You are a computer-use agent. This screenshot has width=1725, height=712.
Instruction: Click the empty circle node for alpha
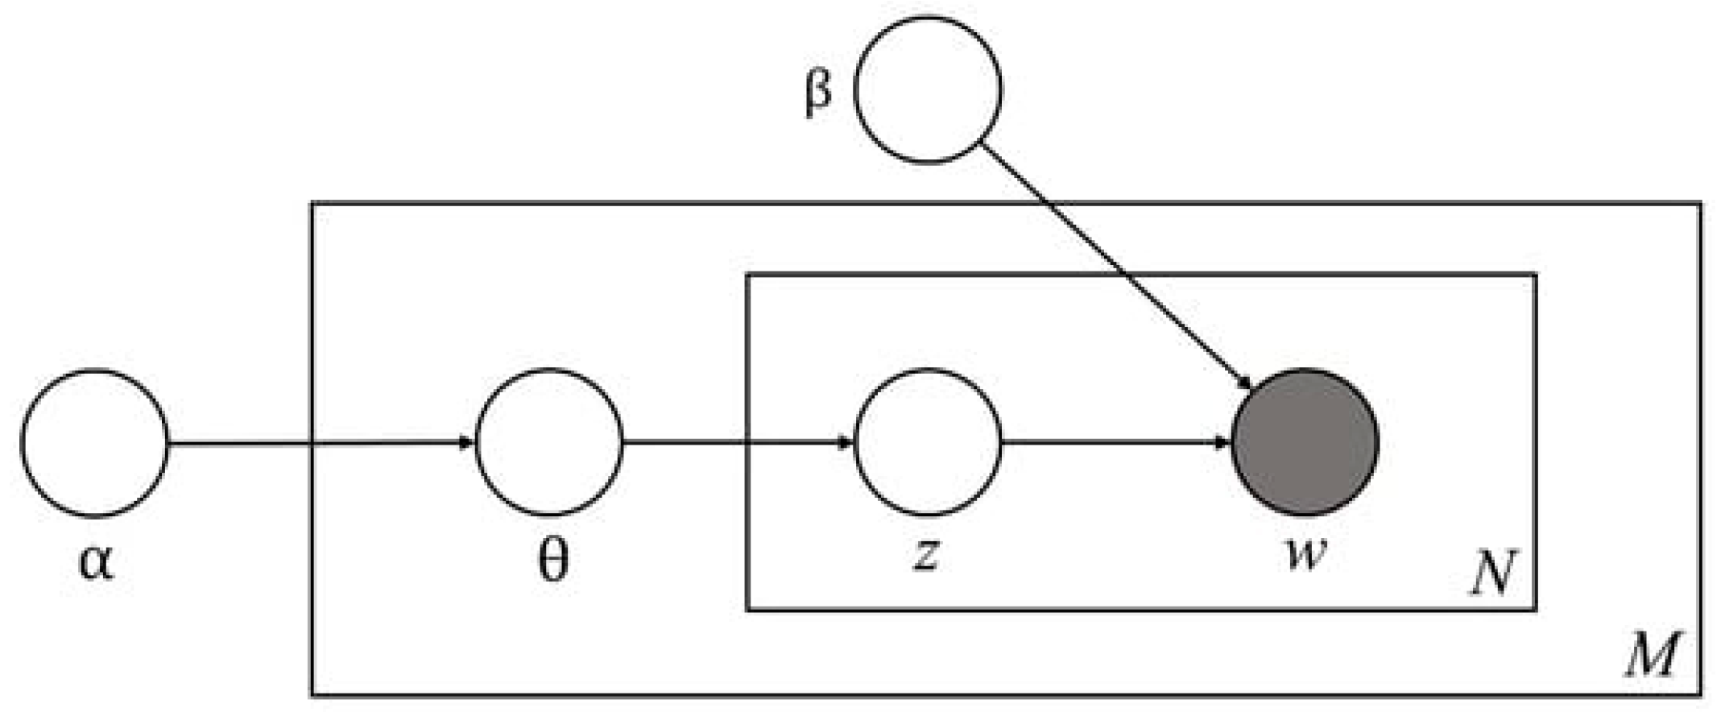point(94,442)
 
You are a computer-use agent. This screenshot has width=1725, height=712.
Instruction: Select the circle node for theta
point(549,442)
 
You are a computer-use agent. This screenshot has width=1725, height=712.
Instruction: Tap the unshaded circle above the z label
point(928,442)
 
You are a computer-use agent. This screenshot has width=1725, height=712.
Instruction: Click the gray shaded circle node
point(1305,442)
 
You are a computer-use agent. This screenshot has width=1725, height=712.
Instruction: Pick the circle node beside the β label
point(928,89)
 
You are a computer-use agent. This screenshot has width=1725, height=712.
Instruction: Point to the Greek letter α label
point(97,561)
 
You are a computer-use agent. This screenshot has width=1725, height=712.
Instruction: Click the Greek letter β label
point(817,93)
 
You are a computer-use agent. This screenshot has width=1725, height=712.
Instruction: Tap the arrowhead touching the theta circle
point(466,442)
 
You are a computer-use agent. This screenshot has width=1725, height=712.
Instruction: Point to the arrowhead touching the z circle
point(845,442)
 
